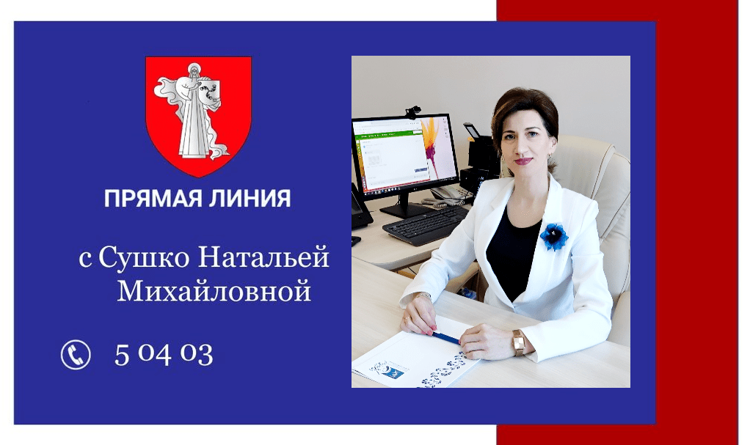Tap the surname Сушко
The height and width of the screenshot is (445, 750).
(x=144, y=257)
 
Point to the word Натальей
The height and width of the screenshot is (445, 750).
(x=263, y=257)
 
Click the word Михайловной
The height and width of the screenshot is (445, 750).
(x=214, y=290)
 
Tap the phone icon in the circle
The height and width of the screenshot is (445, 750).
(x=76, y=355)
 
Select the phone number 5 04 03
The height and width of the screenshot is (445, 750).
(x=164, y=354)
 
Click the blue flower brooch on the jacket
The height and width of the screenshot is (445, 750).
(x=554, y=236)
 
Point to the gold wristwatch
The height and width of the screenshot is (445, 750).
(x=519, y=342)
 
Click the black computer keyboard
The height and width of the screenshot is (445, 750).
(x=426, y=225)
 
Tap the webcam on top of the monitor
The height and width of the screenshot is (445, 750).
(x=412, y=112)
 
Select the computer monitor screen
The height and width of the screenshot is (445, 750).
(x=404, y=154)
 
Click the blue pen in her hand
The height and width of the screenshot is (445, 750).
(x=445, y=338)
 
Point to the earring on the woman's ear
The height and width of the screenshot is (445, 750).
(x=549, y=156)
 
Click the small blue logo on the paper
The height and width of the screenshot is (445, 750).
(x=392, y=372)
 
